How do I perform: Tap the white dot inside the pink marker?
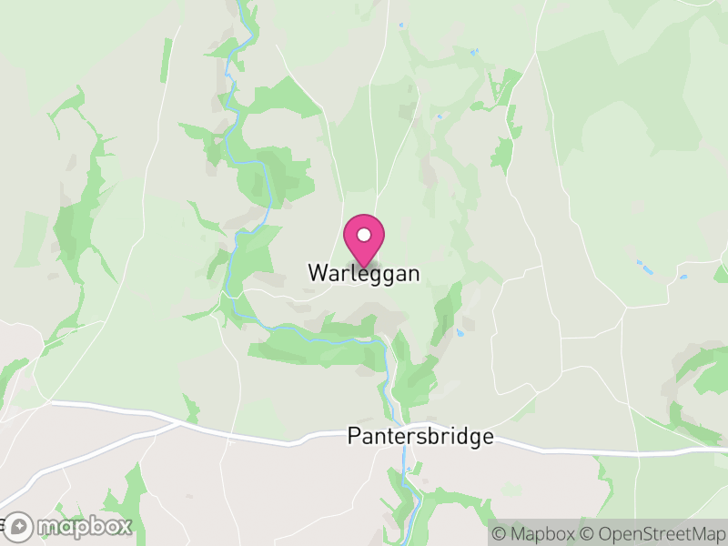pyautogui.click(x=364, y=235)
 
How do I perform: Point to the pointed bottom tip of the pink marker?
pyautogui.click(x=364, y=267)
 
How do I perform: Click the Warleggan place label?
pyautogui.click(x=364, y=273)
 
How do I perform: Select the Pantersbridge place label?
pyautogui.click(x=420, y=437)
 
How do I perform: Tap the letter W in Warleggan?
pyautogui.click(x=316, y=273)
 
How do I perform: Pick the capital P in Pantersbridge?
pyautogui.click(x=353, y=437)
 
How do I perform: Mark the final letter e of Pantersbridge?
pyautogui.click(x=488, y=438)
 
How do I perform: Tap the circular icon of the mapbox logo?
pyautogui.click(x=20, y=526)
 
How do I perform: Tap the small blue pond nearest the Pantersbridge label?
pyautogui.click(x=460, y=333)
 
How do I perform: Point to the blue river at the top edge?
pyautogui.click(x=240, y=4)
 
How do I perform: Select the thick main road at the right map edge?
pyautogui.click(x=723, y=450)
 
